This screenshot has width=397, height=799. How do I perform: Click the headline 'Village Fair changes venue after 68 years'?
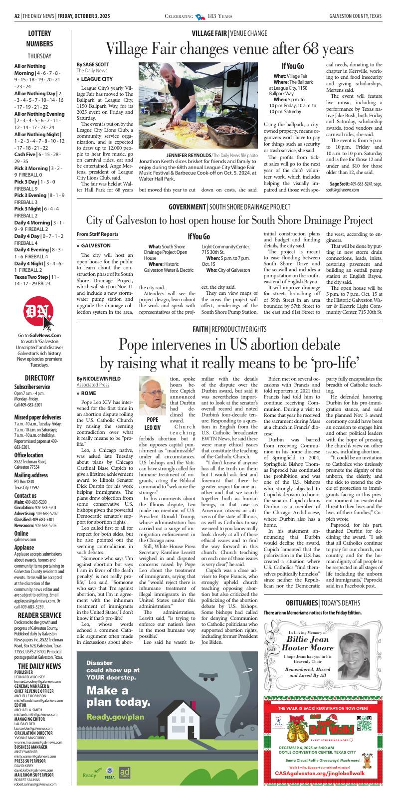click(x=229, y=49)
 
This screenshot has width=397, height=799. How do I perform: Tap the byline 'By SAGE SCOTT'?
click(x=93, y=65)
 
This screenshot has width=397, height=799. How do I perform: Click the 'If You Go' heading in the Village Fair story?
click(x=293, y=66)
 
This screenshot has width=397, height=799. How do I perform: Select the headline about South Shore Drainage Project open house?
click(x=229, y=220)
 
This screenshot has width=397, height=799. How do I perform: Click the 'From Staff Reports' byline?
click(x=97, y=234)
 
